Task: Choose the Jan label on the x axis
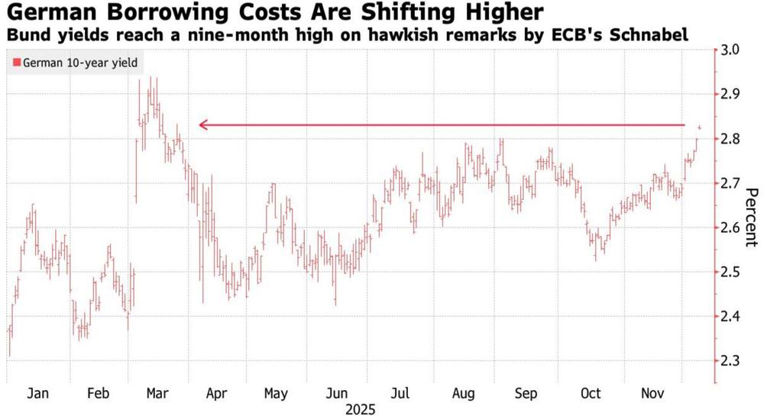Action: click(x=37, y=394)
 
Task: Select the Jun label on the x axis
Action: click(x=338, y=394)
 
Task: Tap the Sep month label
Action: click(x=526, y=394)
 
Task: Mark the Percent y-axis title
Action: click(x=750, y=218)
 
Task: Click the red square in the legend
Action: click(x=18, y=64)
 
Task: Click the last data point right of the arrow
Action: click(x=700, y=127)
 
